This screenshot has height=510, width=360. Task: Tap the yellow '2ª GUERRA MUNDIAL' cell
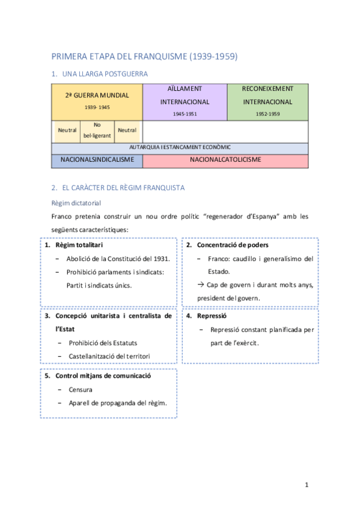97,95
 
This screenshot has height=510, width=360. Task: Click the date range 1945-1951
185,113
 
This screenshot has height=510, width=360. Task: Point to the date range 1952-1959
267,113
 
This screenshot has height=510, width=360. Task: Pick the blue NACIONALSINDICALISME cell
97,160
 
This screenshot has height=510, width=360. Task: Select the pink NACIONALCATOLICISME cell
225,160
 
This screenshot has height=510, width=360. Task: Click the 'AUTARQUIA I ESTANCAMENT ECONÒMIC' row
180,147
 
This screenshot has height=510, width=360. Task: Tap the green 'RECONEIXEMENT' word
267,88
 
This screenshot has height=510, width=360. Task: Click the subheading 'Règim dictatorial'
76,203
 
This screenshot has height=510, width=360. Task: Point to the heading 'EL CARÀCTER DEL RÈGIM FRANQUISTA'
123,188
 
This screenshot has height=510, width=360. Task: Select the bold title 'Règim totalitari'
79,245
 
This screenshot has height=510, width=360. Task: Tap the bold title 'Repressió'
211,315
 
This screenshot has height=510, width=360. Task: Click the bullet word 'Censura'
81,390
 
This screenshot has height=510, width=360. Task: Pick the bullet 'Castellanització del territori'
109,356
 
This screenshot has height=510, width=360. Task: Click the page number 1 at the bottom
306,485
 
